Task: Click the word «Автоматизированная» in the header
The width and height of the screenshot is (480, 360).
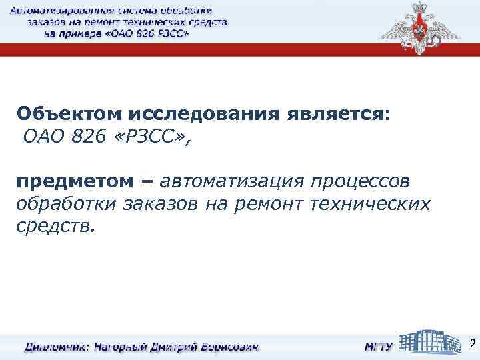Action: pyautogui.click(x=63, y=11)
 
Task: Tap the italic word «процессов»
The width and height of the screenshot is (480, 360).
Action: pyautogui.click(x=362, y=182)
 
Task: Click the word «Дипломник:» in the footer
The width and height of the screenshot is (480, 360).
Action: pyautogui.click(x=56, y=347)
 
